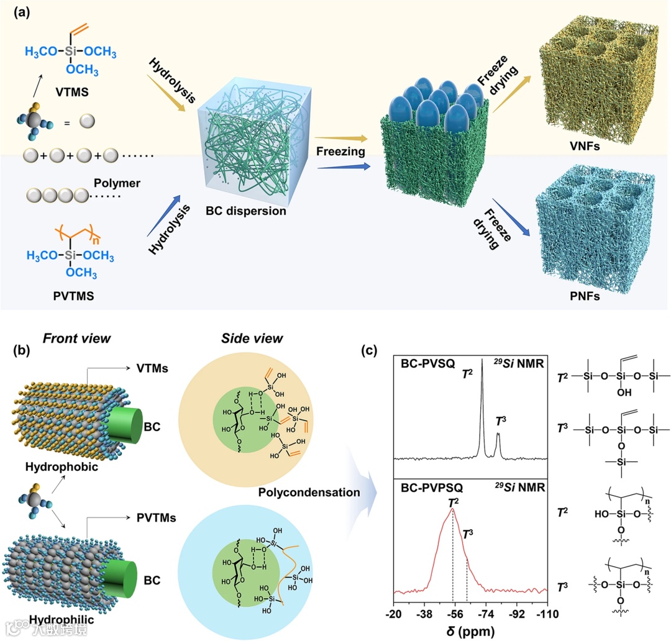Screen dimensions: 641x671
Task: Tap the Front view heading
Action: tap(76, 339)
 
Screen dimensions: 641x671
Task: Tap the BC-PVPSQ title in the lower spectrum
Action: tap(432, 487)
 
